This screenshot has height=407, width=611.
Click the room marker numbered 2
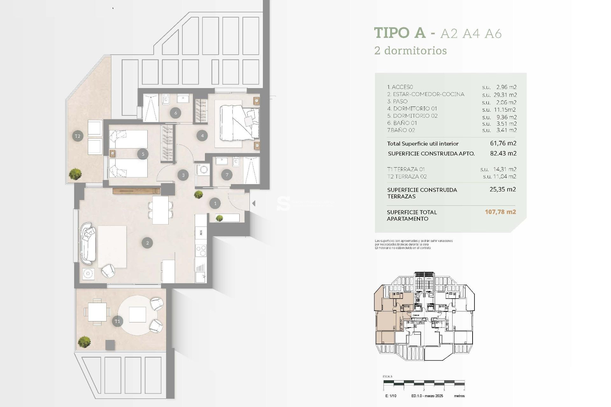click(147, 243)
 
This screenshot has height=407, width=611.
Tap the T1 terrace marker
click(117, 321)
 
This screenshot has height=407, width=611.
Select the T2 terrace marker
click(78, 136)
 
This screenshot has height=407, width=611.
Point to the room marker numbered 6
click(176, 113)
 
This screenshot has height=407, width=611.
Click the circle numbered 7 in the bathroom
click(227, 175)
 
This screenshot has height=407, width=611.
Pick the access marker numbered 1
click(215, 203)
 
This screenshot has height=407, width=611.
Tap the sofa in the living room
click(88, 243)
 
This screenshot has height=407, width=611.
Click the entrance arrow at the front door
click(254, 203)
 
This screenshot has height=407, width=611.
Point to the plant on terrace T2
click(75, 174)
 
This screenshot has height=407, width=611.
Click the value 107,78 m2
click(500, 212)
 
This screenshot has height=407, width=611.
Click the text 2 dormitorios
click(411, 51)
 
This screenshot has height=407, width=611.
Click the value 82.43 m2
click(503, 153)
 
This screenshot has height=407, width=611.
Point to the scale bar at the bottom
click(424, 383)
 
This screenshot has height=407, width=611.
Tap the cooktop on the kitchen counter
click(201, 251)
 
